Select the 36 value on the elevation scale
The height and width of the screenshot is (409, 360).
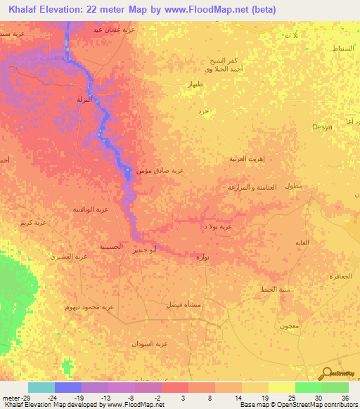[x=345, y=398]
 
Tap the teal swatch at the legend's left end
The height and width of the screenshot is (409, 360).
[x=41, y=387]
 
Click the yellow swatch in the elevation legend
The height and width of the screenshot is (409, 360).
[x=281, y=387]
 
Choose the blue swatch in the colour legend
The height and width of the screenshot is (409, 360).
[x=68, y=387]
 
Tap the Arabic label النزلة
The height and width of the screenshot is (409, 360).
[x=84, y=99]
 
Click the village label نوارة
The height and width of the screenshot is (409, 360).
[x=201, y=258]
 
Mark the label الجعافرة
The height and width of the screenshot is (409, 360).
[x=340, y=277]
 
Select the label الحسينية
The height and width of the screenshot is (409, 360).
[x=112, y=247]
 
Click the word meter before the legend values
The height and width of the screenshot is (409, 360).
[x=10, y=398]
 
